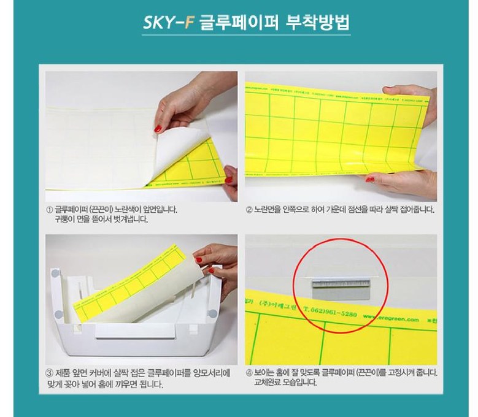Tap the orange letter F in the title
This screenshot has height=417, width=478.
coord(189,23)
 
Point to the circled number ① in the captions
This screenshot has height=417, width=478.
coord(49,209)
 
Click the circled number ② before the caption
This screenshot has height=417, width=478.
coord(249,209)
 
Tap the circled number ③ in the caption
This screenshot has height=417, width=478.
coord(49,373)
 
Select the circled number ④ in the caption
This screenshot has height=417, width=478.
coord(249,372)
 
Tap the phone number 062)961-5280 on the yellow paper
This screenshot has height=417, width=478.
coord(330,313)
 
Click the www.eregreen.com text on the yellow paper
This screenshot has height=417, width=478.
coord(395,318)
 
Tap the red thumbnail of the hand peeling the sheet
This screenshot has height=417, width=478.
coord(158,129)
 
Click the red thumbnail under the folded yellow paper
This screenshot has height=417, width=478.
coord(370,180)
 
